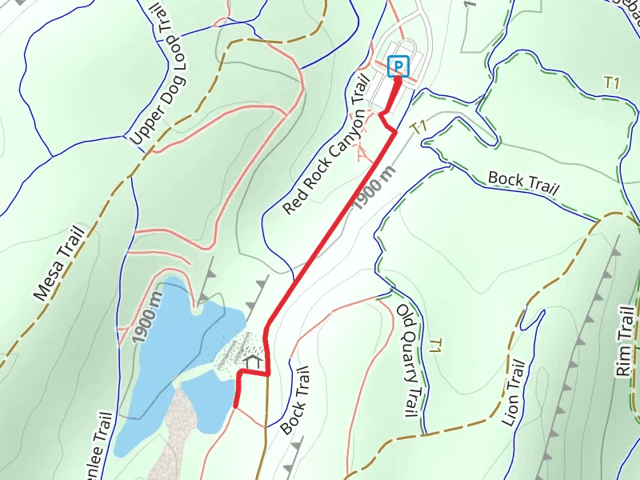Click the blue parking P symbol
(x=398, y=66)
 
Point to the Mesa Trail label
(x=59, y=262)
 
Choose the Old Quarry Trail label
(x=407, y=358)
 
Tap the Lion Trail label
(x=514, y=394)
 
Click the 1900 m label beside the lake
(x=148, y=317)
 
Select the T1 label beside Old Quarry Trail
(x=435, y=346)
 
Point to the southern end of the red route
(x=235, y=406)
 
